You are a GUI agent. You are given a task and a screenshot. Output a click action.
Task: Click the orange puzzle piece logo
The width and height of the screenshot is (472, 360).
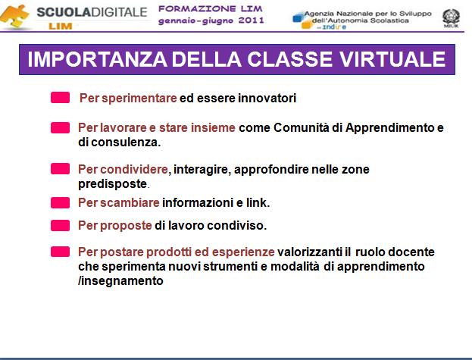[15, 16]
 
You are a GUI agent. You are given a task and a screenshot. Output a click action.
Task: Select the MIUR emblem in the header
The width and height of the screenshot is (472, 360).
[451, 17]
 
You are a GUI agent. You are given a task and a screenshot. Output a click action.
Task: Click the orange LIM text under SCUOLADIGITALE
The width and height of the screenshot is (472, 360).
[60, 27]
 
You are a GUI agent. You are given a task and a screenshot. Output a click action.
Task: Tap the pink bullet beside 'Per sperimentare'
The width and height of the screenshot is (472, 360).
[60, 98]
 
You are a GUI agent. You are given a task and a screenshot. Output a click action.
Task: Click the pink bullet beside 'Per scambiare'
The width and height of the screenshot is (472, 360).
[60, 203]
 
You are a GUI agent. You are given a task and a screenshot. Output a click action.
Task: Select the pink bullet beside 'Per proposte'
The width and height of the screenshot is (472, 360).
[60, 225]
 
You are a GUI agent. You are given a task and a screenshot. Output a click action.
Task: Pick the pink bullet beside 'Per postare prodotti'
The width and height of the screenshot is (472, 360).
[60, 252]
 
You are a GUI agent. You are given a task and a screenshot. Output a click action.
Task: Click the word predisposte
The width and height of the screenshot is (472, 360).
[113, 184]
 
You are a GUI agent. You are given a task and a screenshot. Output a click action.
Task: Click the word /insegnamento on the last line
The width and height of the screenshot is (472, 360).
[120, 281]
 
